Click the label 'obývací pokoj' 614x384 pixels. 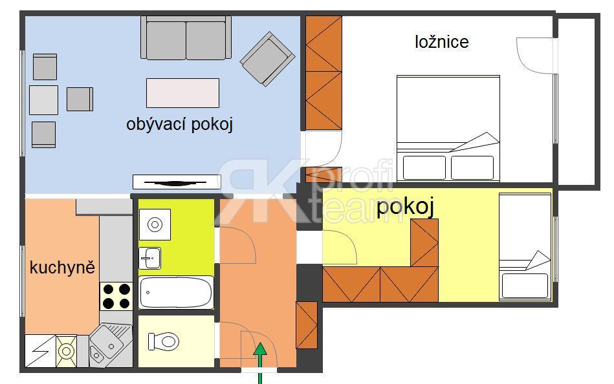pyautogui.click(x=179, y=125)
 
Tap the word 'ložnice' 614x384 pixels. pyautogui.click(x=442, y=42)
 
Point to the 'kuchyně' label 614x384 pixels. pyautogui.click(x=62, y=268)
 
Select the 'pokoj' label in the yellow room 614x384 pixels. pyautogui.click(x=405, y=207)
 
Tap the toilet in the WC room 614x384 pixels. pyautogui.click(x=163, y=341)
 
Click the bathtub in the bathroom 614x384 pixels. pyautogui.click(x=176, y=292)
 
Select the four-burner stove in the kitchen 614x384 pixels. pyautogui.click(x=116, y=296)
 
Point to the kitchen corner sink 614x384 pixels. pyautogui.click(x=111, y=345)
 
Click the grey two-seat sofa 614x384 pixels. pyautogui.click(x=186, y=38)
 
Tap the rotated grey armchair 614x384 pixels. pyautogui.click(x=267, y=59)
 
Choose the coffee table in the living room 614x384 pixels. pyautogui.click(x=182, y=93)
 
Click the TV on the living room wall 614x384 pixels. pyautogui.click(x=177, y=182)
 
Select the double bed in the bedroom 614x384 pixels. pyautogui.click(x=448, y=129)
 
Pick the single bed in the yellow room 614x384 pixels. pyautogui.click(x=525, y=246)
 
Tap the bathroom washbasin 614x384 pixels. pyautogui.click(x=149, y=259)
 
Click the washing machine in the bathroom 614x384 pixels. pyautogui.click(x=155, y=224)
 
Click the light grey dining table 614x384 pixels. pyautogui.click(x=44, y=100)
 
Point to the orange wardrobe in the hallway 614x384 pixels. pyautogui.click(x=307, y=325)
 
